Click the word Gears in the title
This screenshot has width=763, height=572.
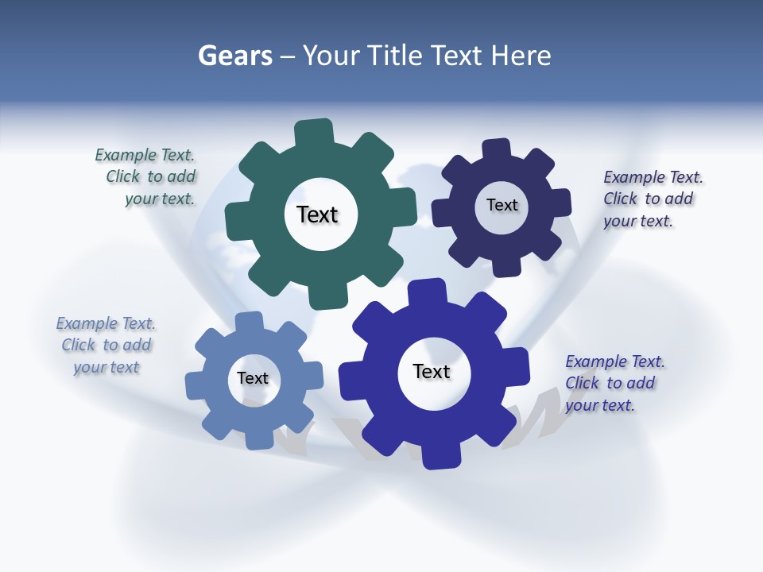[x=234, y=56]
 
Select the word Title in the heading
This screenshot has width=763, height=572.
[x=397, y=56]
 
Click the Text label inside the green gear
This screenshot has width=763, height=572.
[x=317, y=214]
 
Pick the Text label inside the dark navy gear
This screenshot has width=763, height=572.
[x=502, y=205]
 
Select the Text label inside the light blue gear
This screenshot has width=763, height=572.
[x=253, y=379]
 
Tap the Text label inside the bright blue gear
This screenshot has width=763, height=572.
[x=432, y=372]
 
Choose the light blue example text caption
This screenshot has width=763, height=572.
[x=107, y=345]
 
